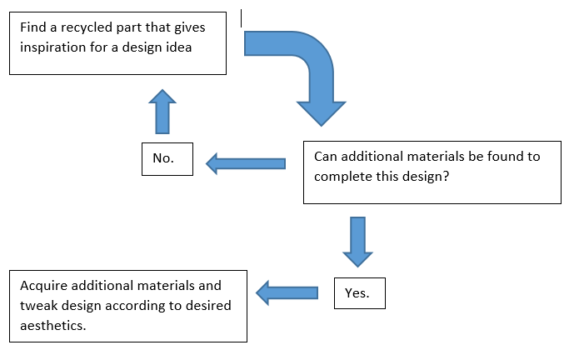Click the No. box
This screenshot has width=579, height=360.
[x=167, y=159]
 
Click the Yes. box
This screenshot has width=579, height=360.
[x=359, y=292]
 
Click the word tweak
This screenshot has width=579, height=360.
[x=37, y=306]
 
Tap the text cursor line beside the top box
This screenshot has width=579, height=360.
[x=241, y=16]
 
